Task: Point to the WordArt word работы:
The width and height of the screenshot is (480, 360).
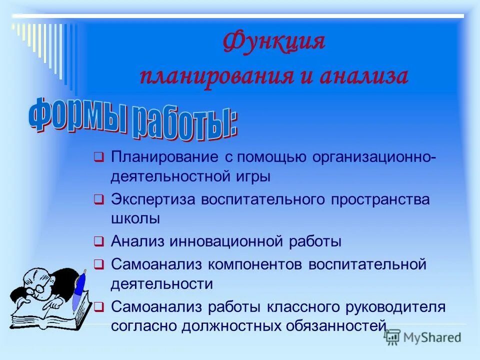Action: [185, 122]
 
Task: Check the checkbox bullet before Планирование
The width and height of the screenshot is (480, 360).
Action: [98, 157]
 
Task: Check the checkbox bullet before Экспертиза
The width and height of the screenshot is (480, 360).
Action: [98, 200]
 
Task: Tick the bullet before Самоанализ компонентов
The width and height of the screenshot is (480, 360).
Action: [98, 264]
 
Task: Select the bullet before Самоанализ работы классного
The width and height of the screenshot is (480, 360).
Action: [98, 306]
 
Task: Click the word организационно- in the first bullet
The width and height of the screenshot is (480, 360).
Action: [374, 157]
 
